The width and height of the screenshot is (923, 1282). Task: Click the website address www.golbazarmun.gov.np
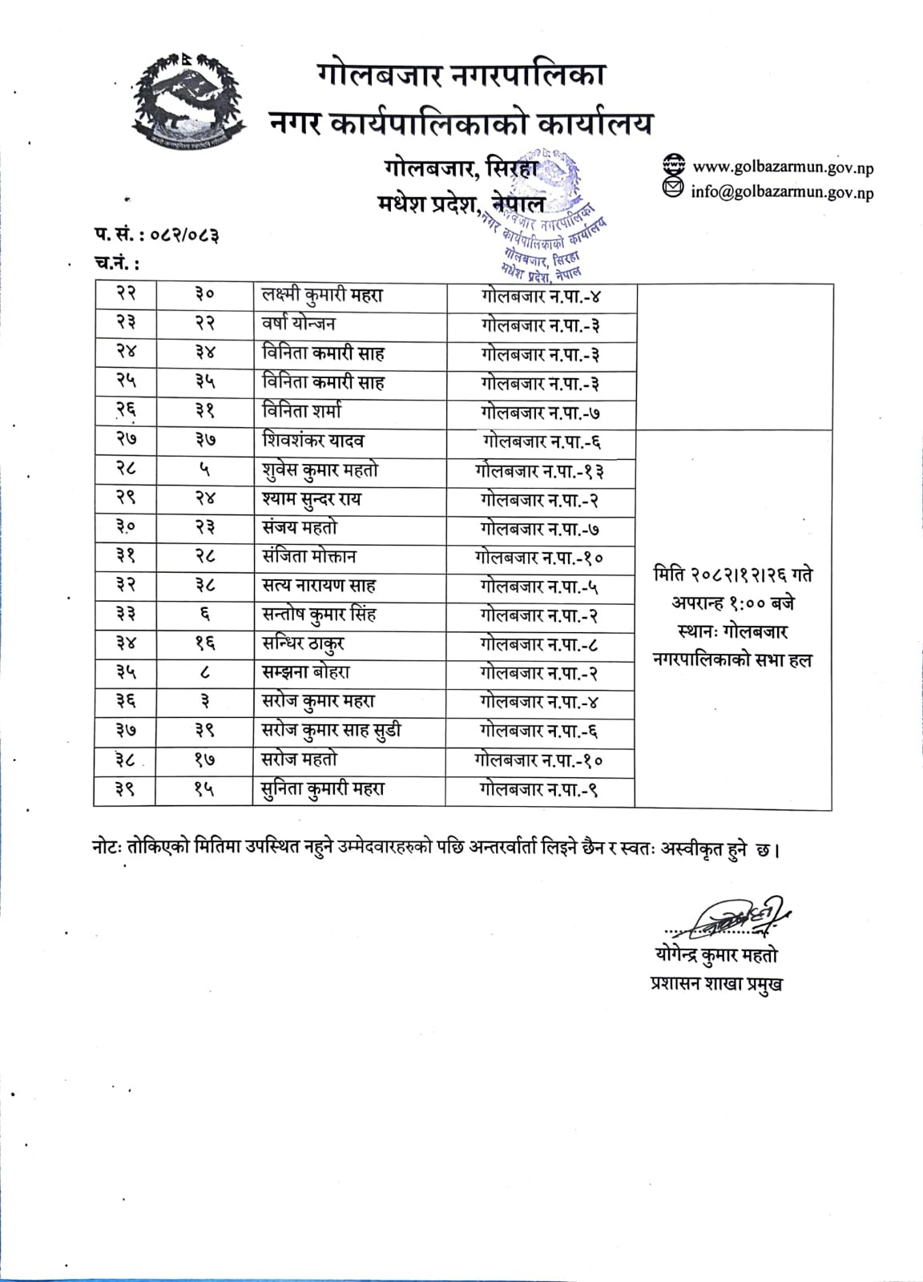(782, 167)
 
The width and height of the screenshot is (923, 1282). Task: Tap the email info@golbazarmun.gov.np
(782, 192)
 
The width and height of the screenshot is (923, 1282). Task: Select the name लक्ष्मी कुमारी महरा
(322, 295)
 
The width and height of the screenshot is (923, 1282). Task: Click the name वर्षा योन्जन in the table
(299, 324)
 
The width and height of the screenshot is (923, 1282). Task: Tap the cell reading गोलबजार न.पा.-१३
(539, 470)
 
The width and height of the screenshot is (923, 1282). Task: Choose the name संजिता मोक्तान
(309, 557)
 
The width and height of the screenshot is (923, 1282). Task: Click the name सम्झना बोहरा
(306, 673)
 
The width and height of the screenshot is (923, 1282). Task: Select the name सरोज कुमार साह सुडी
(332, 731)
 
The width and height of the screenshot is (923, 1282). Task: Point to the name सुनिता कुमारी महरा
(323, 789)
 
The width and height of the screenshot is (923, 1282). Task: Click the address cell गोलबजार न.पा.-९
(539, 789)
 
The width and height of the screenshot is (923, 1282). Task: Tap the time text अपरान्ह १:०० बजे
(732, 603)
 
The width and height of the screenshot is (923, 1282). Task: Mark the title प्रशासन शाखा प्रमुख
(715, 984)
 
